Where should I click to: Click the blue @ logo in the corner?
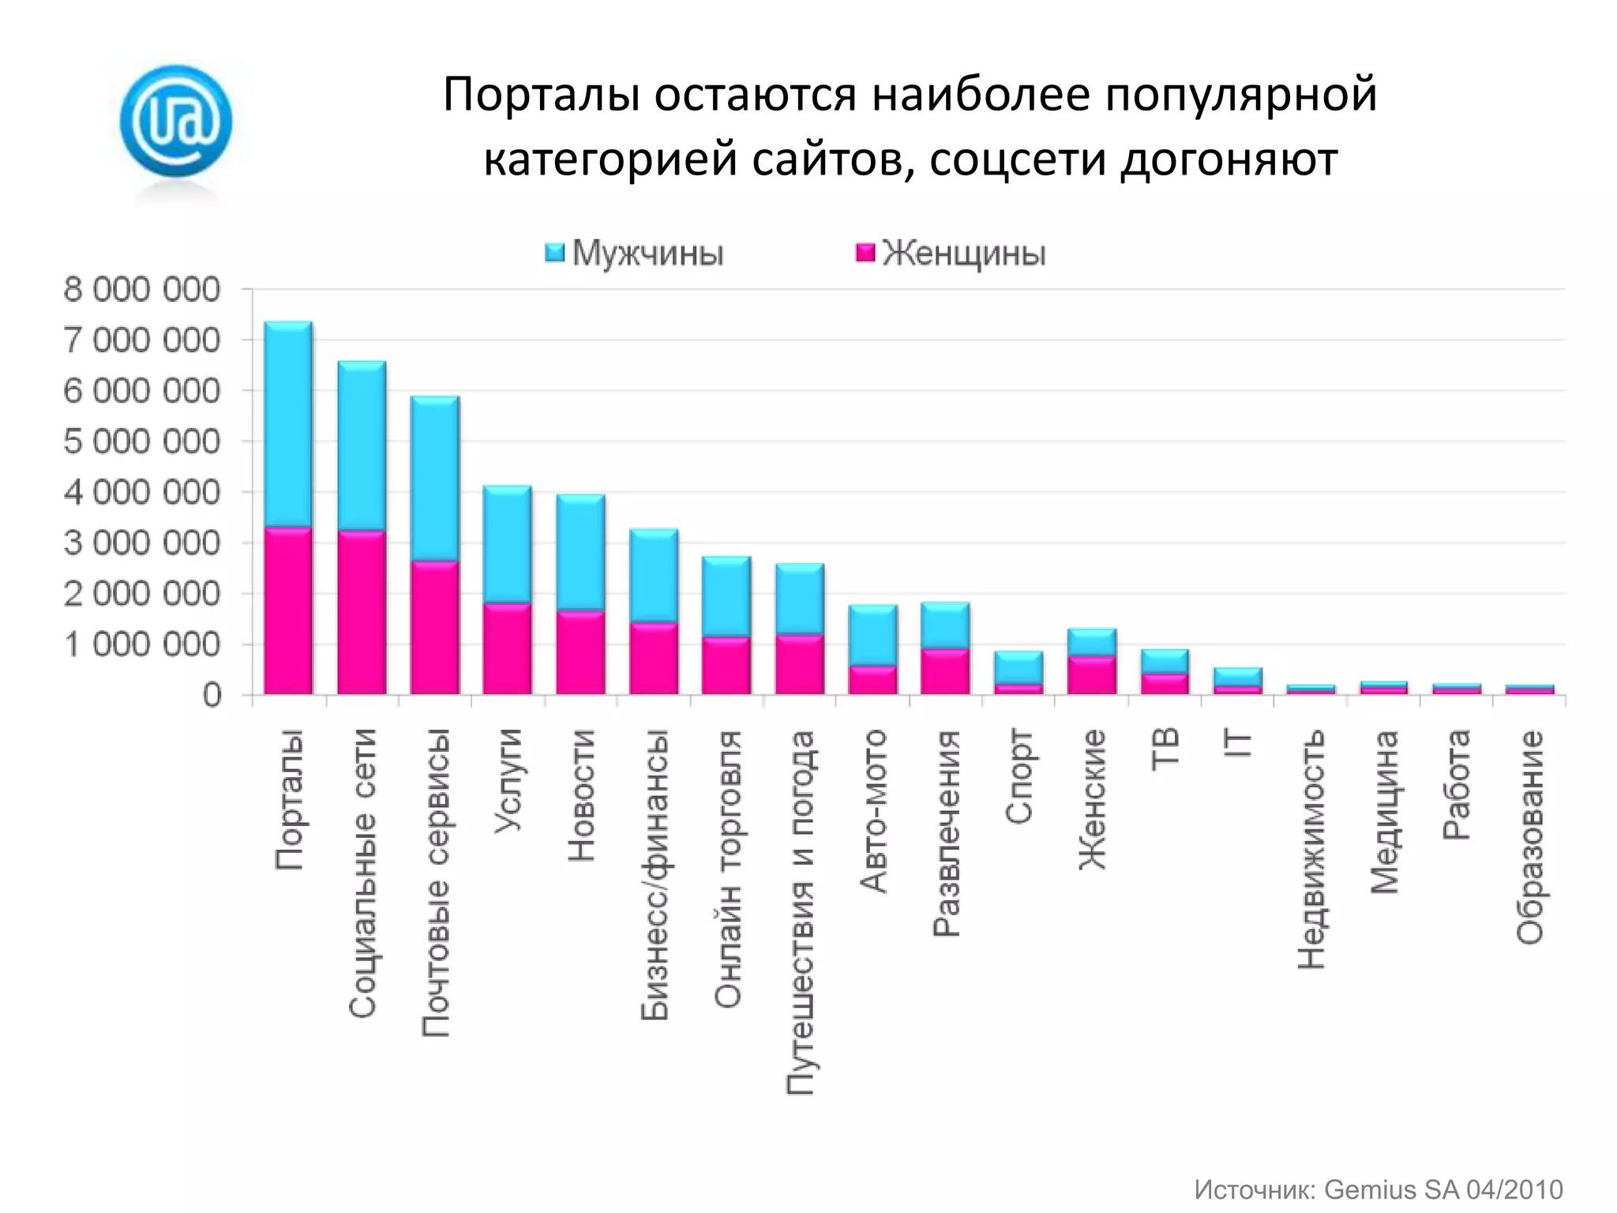tap(175, 120)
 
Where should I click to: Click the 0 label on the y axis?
tap(212, 696)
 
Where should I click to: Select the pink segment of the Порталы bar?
tap(288, 610)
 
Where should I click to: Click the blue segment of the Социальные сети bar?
tap(362, 446)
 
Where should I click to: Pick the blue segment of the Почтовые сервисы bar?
tap(435, 479)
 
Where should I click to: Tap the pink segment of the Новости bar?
tap(580, 652)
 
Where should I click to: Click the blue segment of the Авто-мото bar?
tap(872, 635)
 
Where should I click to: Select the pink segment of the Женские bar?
tap(1091, 675)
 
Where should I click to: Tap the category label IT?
tap(1237, 745)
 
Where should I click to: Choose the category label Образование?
tap(1529, 836)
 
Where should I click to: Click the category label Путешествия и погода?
tap(800, 912)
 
